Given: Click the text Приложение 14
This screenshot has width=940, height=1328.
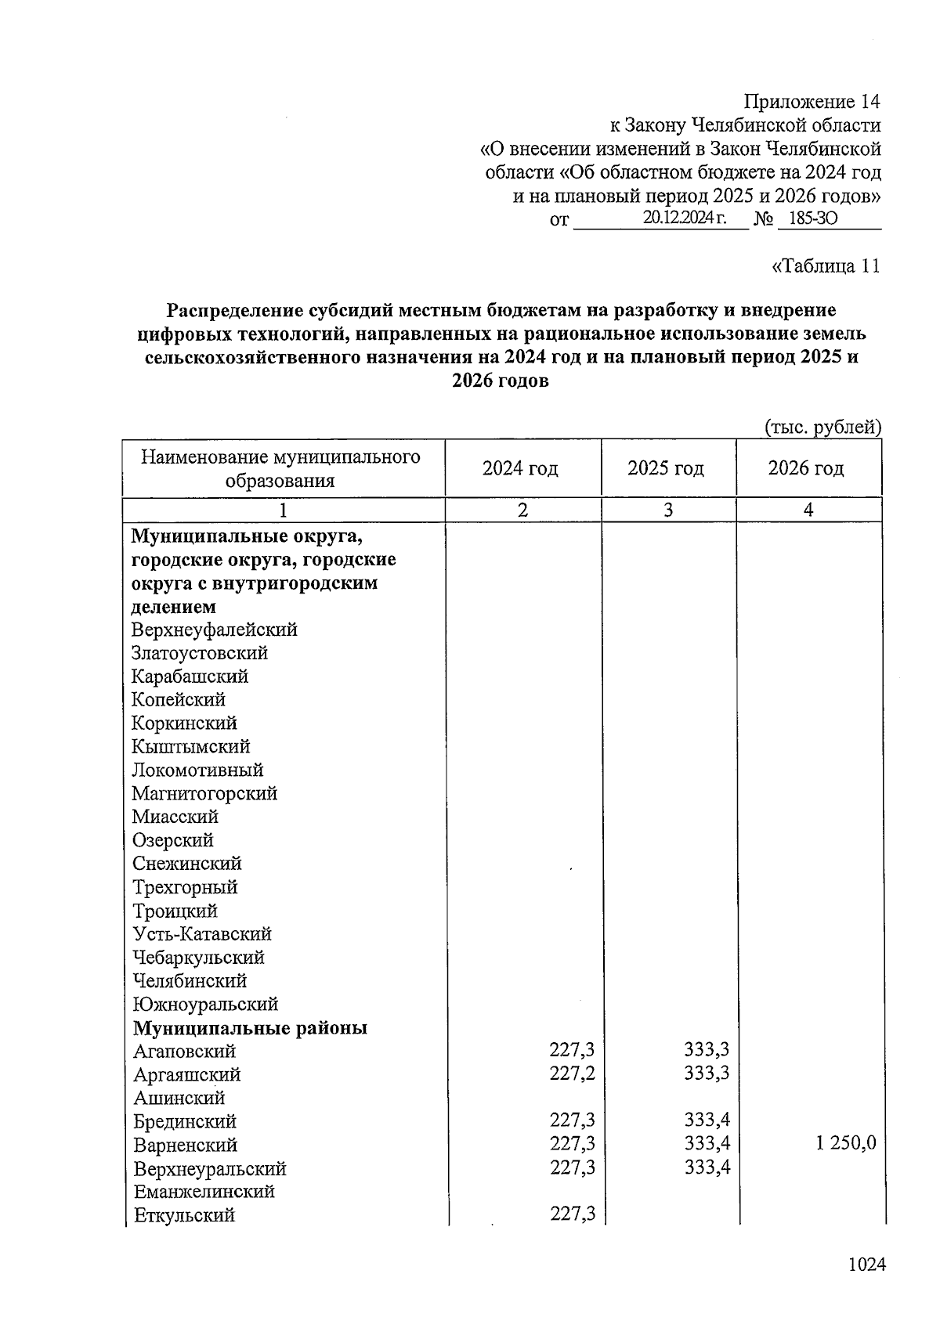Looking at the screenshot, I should point(812,102).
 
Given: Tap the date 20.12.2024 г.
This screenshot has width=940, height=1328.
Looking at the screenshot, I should point(684,218).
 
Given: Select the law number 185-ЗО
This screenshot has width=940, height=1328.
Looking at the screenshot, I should point(812,218).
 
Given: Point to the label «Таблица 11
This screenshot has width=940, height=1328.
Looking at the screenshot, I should point(826,266).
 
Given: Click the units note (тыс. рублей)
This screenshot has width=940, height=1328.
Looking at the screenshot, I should point(822,428).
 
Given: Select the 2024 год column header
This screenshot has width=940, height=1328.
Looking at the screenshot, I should point(520,468).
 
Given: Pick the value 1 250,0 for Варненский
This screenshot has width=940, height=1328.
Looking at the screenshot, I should point(845,1143).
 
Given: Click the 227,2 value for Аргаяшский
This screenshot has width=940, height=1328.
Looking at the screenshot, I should point(572,1074).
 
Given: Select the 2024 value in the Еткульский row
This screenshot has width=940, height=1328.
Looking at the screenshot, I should point(572,1214).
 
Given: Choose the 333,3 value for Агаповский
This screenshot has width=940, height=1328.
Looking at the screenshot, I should point(707,1050).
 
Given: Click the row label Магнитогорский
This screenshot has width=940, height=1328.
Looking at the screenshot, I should point(204,793).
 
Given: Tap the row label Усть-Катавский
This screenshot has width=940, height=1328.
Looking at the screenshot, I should point(202,934).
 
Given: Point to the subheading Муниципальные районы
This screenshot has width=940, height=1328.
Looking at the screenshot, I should point(250,1028).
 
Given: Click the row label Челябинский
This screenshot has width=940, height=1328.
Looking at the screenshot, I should point(190,981).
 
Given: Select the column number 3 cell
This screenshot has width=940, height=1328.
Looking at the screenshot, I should point(667,510).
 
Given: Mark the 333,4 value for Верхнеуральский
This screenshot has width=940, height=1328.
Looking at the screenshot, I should point(707,1167).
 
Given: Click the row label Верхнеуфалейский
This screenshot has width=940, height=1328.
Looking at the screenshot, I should point(215,630).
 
